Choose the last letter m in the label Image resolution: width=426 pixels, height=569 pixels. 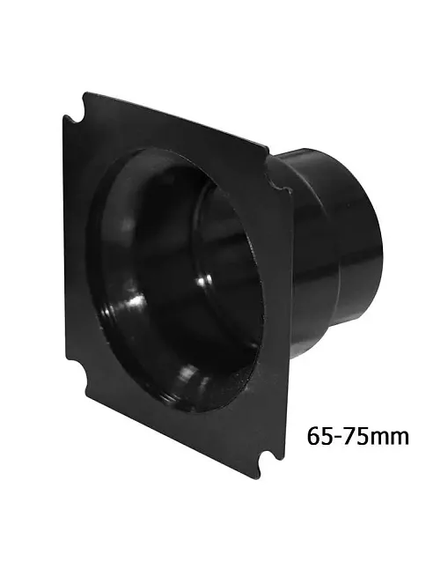click(399, 438)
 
